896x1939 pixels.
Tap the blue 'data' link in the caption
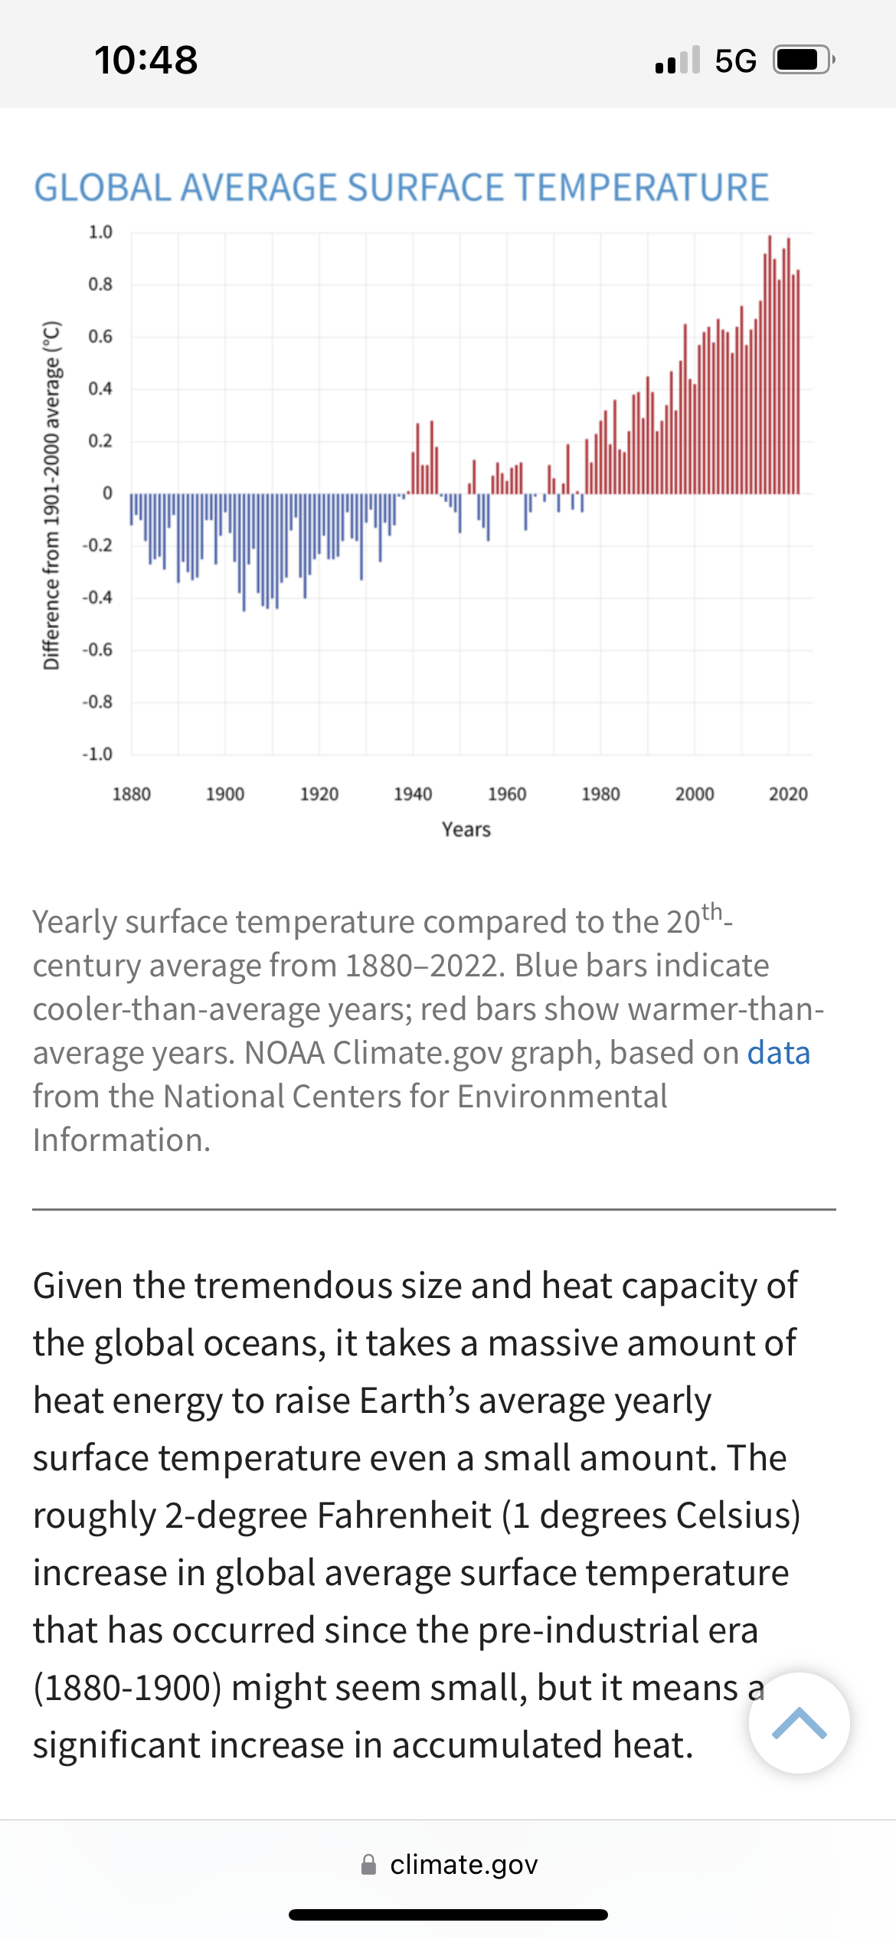pyautogui.click(x=778, y=1053)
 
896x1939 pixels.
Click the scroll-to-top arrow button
pyautogui.click(x=799, y=1723)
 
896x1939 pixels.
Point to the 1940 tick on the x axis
pyautogui.click(x=413, y=794)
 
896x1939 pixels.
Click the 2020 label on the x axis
pyautogui.click(x=788, y=794)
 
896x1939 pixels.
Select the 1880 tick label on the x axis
pyautogui.click(x=132, y=794)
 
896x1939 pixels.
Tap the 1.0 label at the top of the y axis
pyautogui.click(x=100, y=232)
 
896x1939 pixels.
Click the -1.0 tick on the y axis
pyautogui.click(x=97, y=754)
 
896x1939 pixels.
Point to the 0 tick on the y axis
pyautogui.click(x=107, y=493)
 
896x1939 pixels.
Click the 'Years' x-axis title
pyautogui.click(x=466, y=829)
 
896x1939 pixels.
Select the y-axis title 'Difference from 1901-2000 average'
pyautogui.click(x=51, y=495)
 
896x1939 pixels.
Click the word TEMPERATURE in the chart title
pyautogui.click(x=641, y=188)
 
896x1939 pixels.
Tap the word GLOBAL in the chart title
pyautogui.click(x=103, y=188)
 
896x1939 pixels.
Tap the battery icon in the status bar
pyautogui.click(x=803, y=60)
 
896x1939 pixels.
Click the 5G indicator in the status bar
pyautogui.click(x=735, y=60)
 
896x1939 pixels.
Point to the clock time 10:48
pyautogui.click(x=146, y=60)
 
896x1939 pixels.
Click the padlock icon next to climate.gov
pyautogui.click(x=368, y=1865)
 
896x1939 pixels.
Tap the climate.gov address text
pyautogui.click(x=463, y=1865)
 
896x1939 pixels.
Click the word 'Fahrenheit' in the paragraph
pyautogui.click(x=404, y=1516)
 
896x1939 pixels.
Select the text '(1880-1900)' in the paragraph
pyautogui.click(x=127, y=1688)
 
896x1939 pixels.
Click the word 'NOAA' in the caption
pyautogui.click(x=284, y=1053)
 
